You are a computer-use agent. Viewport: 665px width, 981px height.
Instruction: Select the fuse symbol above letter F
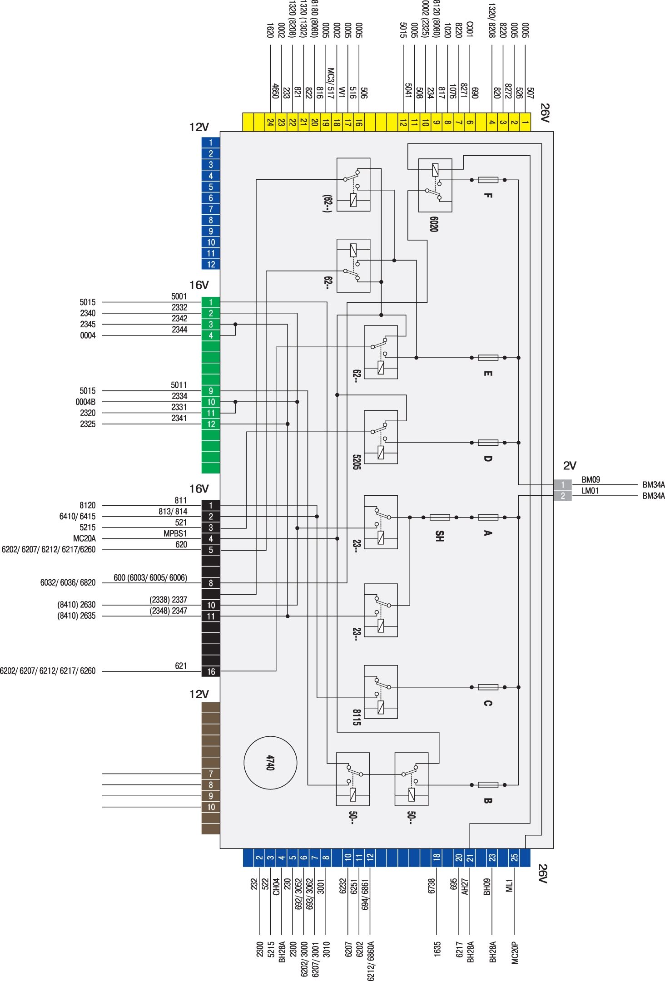click(488, 180)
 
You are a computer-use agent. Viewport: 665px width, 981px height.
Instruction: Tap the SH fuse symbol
click(440, 517)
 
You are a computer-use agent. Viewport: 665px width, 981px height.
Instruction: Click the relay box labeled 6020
click(435, 185)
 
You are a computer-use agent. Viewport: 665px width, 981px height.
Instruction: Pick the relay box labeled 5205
click(381, 437)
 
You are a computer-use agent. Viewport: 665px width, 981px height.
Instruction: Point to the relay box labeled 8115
click(381, 692)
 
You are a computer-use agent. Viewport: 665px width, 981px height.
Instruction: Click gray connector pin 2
click(562, 496)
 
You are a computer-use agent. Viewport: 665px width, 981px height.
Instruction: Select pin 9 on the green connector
click(211, 391)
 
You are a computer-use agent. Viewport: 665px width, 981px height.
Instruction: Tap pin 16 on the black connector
click(211, 671)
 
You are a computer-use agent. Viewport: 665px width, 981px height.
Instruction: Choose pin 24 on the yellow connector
click(270, 122)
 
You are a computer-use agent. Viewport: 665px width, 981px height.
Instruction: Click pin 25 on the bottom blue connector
click(514, 858)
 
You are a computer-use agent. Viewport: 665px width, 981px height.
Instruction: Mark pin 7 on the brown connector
click(211, 774)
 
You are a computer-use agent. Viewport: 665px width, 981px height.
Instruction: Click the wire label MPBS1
click(175, 533)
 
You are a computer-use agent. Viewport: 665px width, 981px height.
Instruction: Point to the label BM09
click(591, 480)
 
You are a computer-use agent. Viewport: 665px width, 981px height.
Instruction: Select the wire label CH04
click(276, 887)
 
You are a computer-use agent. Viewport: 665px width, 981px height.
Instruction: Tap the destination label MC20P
click(515, 952)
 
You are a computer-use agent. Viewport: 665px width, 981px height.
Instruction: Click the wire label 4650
click(275, 91)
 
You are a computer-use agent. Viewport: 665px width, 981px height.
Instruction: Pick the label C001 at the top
click(470, 29)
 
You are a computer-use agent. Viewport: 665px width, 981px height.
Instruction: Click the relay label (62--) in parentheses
click(327, 204)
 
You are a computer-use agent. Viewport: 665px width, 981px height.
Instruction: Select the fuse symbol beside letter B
click(488, 785)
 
